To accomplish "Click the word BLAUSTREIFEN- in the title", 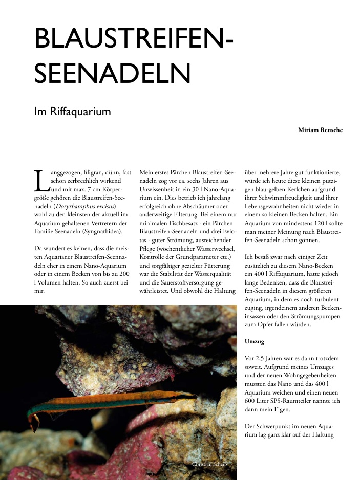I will click(134, 39).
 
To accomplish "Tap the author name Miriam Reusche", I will click(320, 130).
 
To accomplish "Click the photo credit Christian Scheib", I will click(209, 464).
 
